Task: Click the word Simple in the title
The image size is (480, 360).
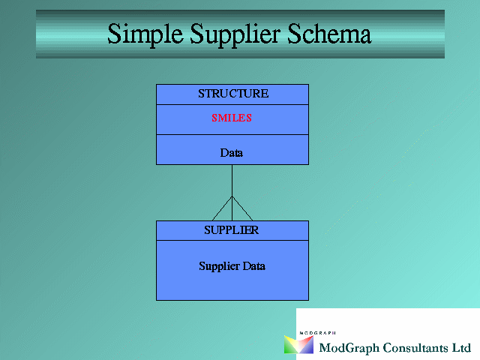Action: (145, 34)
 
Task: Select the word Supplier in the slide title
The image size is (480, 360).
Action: (235, 34)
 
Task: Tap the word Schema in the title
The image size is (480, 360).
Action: (329, 34)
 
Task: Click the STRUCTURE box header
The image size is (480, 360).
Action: (232, 94)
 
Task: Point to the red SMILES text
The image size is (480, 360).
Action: (232, 118)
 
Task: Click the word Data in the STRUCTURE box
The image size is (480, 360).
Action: (232, 153)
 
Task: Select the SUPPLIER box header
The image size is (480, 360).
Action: (232, 230)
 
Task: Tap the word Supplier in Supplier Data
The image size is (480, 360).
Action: (219, 266)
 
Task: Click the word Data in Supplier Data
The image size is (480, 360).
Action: (253, 265)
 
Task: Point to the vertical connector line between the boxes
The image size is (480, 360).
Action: (232, 193)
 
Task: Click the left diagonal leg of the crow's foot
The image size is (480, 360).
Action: (222, 208)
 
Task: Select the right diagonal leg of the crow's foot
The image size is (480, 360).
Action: (242, 208)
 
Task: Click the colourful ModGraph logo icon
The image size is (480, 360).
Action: (298, 345)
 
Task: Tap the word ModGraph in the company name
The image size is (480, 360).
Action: (349, 348)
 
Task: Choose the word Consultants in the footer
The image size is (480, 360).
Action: (415, 348)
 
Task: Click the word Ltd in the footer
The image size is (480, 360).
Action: (462, 348)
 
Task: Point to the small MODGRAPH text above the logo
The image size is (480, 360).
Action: (317, 333)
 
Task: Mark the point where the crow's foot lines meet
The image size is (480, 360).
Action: (232, 196)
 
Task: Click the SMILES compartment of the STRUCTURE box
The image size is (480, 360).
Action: (232, 120)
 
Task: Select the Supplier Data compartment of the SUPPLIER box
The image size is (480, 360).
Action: (232, 270)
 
